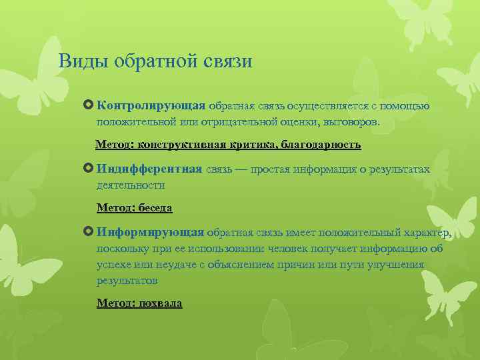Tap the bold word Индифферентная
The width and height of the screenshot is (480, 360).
coord(149,169)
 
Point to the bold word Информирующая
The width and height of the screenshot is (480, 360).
coord(150,232)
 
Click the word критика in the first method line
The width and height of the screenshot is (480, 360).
coord(253,144)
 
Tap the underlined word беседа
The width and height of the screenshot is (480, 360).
coord(154,208)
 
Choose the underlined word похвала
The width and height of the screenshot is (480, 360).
coord(160,303)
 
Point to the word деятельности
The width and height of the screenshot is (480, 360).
coord(131,185)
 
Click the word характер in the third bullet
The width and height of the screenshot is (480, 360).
coord(426,232)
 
